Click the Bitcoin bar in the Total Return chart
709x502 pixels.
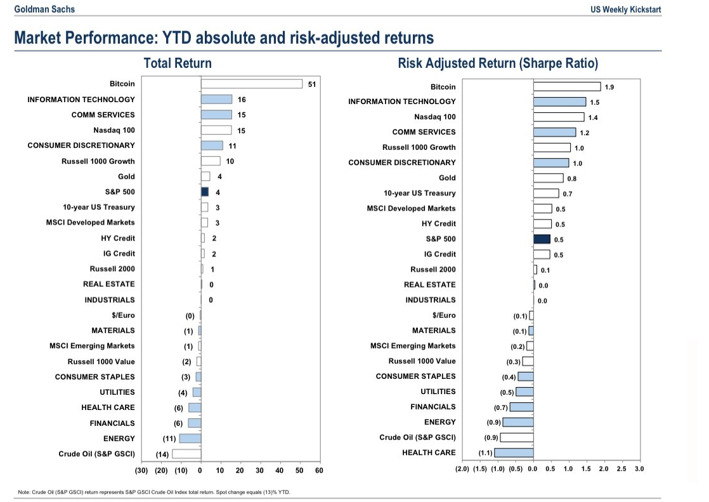coord(251,84)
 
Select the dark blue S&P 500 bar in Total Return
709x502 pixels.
coord(205,192)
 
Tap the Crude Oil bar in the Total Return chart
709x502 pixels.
coord(186,453)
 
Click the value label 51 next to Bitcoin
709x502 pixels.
coord(311,84)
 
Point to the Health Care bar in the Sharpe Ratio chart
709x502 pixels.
coord(514,452)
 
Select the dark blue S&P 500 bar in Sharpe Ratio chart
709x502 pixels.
coord(542,239)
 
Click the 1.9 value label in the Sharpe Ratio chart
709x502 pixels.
coord(609,87)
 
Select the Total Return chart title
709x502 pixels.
coord(178,63)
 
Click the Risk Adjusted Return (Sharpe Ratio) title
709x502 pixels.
coord(498,63)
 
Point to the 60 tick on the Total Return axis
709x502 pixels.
coord(319,470)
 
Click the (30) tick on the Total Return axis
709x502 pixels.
coord(141,470)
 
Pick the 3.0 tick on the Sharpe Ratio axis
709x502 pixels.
coord(639,469)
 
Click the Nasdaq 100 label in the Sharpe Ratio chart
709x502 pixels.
coord(434,117)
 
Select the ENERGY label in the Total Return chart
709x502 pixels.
coord(119,439)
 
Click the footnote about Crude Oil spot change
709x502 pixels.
coord(155,492)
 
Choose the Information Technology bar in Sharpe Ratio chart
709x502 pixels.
coord(559,102)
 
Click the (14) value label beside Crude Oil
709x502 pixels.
coord(162,454)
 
